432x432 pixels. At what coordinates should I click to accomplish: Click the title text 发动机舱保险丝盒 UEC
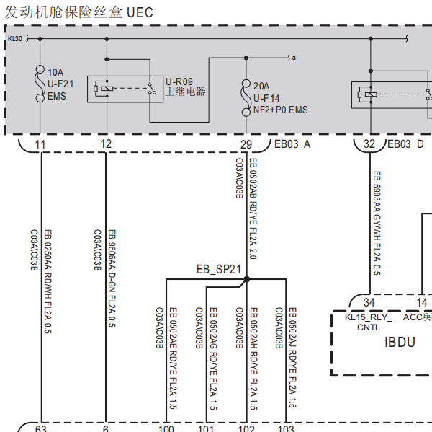(x=79, y=12)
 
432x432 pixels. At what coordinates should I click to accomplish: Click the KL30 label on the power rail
(x=15, y=39)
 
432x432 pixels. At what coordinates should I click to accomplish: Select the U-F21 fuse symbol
(x=40, y=84)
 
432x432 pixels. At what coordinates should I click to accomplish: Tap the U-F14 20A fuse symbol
(x=246, y=97)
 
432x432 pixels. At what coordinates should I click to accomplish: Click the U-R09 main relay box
(x=125, y=89)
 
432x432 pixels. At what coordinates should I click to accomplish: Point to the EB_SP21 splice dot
(x=247, y=279)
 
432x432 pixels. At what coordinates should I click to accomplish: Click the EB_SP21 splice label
(x=219, y=269)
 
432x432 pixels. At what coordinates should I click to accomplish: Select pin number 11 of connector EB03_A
(x=40, y=144)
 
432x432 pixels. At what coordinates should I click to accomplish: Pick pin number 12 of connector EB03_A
(x=106, y=144)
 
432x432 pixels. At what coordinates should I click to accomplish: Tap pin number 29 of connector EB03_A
(x=246, y=144)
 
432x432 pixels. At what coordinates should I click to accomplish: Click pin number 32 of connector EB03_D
(x=369, y=144)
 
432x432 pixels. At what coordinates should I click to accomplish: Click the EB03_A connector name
(x=292, y=144)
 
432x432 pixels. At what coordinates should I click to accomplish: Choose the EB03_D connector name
(x=405, y=144)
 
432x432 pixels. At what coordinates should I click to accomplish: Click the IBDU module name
(x=400, y=342)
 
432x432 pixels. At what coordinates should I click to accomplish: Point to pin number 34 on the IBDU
(x=369, y=302)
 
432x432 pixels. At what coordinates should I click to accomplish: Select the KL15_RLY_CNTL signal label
(x=369, y=322)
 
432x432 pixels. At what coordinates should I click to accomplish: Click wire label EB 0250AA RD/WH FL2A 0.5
(x=48, y=281)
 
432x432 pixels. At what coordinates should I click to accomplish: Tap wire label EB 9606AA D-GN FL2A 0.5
(x=112, y=278)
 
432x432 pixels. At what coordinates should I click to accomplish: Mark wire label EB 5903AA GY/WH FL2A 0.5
(x=377, y=223)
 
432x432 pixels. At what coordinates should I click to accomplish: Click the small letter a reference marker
(x=294, y=58)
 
